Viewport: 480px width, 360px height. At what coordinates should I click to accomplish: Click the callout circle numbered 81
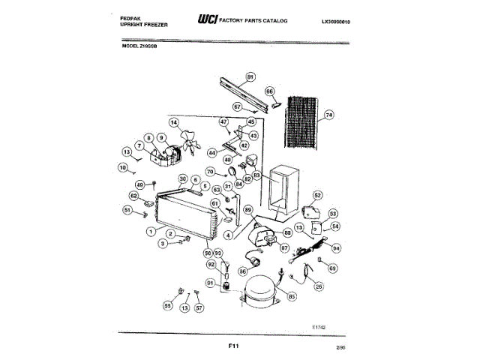pyautogui.click(x=250, y=76)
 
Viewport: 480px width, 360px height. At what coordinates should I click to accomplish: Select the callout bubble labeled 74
pyautogui.click(x=328, y=115)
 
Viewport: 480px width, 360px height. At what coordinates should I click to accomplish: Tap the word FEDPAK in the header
pyautogui.click(x=133, y=14)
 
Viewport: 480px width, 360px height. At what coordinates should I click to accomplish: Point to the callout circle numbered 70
pyautogui.click(x=211, y=172)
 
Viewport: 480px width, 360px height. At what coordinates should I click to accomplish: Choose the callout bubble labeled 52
pyautogui.click(x=317, y=196)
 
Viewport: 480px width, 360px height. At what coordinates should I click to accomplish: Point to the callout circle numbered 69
pyautogui.click(x=333, y=268)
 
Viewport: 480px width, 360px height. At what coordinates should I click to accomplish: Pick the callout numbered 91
pyautogui.click(x=211, y=283)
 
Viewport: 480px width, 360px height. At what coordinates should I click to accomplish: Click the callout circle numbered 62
pyautogui.click(x=134, y=196)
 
